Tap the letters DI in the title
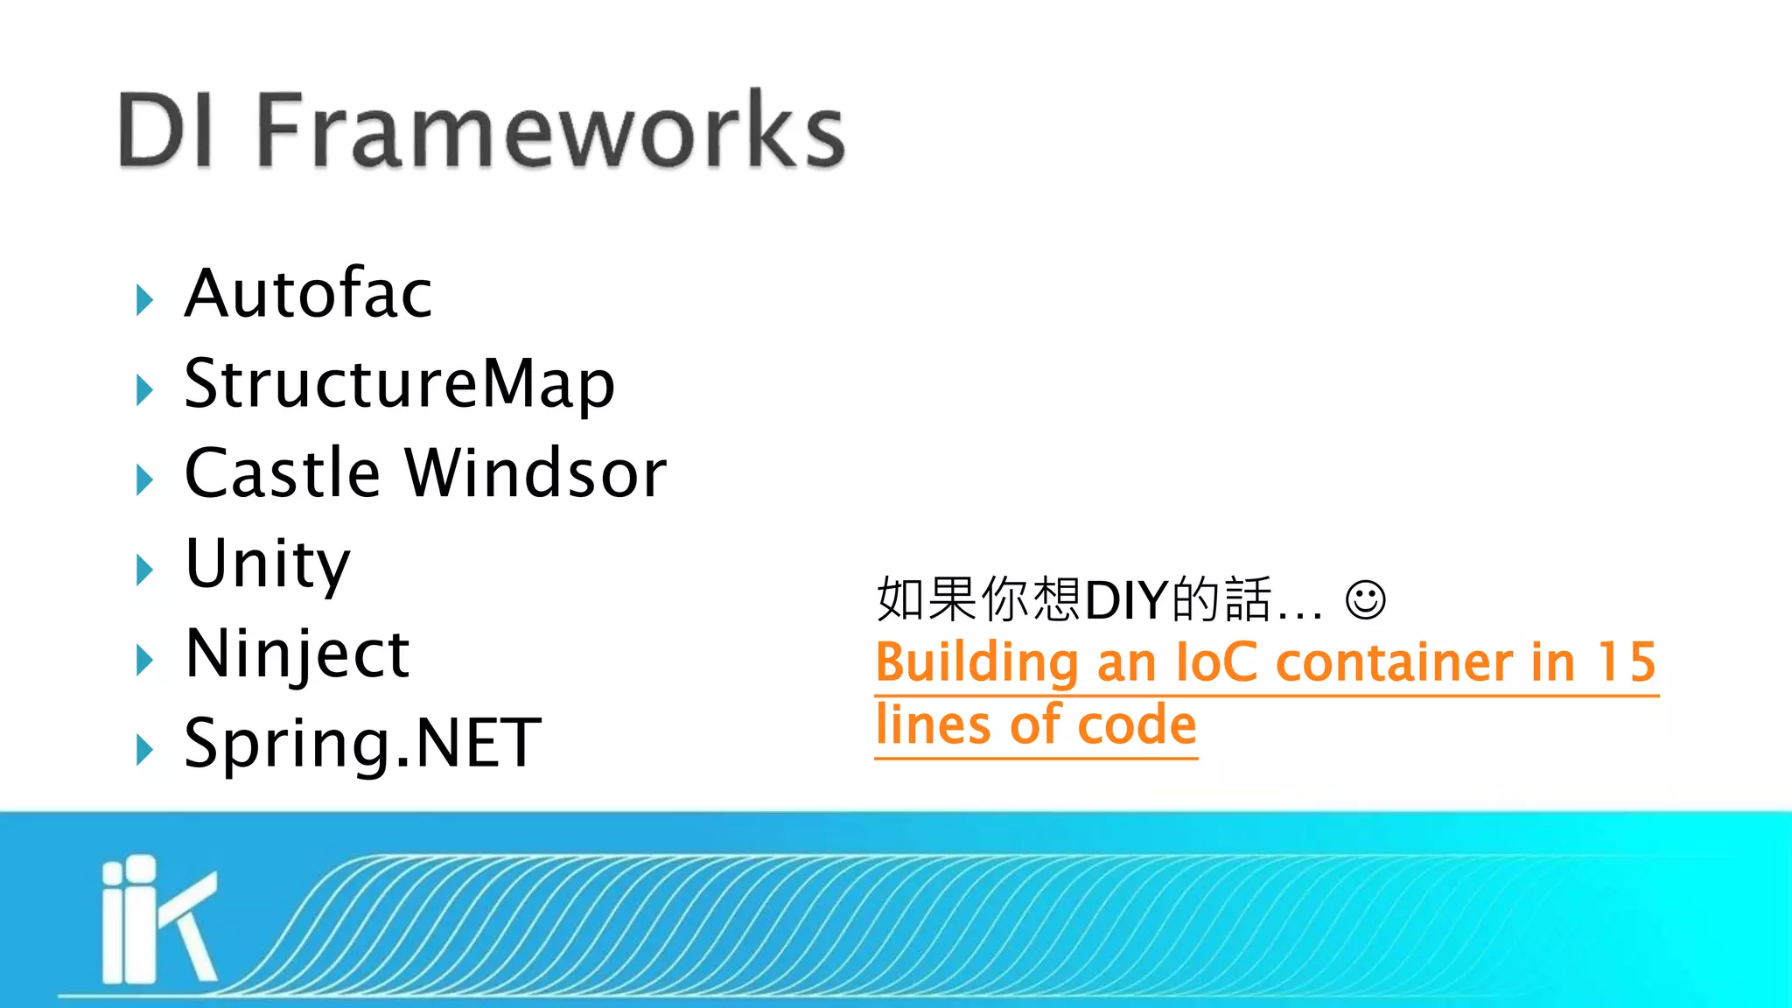coord(166,131)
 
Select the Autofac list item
coord(309,293)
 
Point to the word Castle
coord(283,473)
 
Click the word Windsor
coord(535,473)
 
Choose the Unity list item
coord(268,563)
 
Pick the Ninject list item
coord(297,654)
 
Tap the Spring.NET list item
coord(363,744)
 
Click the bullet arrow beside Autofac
coord(145,300)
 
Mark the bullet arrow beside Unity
coord(145,570)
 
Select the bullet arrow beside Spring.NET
coord(145,750)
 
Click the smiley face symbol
coord(1365,600)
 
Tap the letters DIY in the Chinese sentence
coord(1127,600)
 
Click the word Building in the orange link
coord(976,662)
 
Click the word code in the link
coord(1137,725)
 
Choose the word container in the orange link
coord(1394,662)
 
